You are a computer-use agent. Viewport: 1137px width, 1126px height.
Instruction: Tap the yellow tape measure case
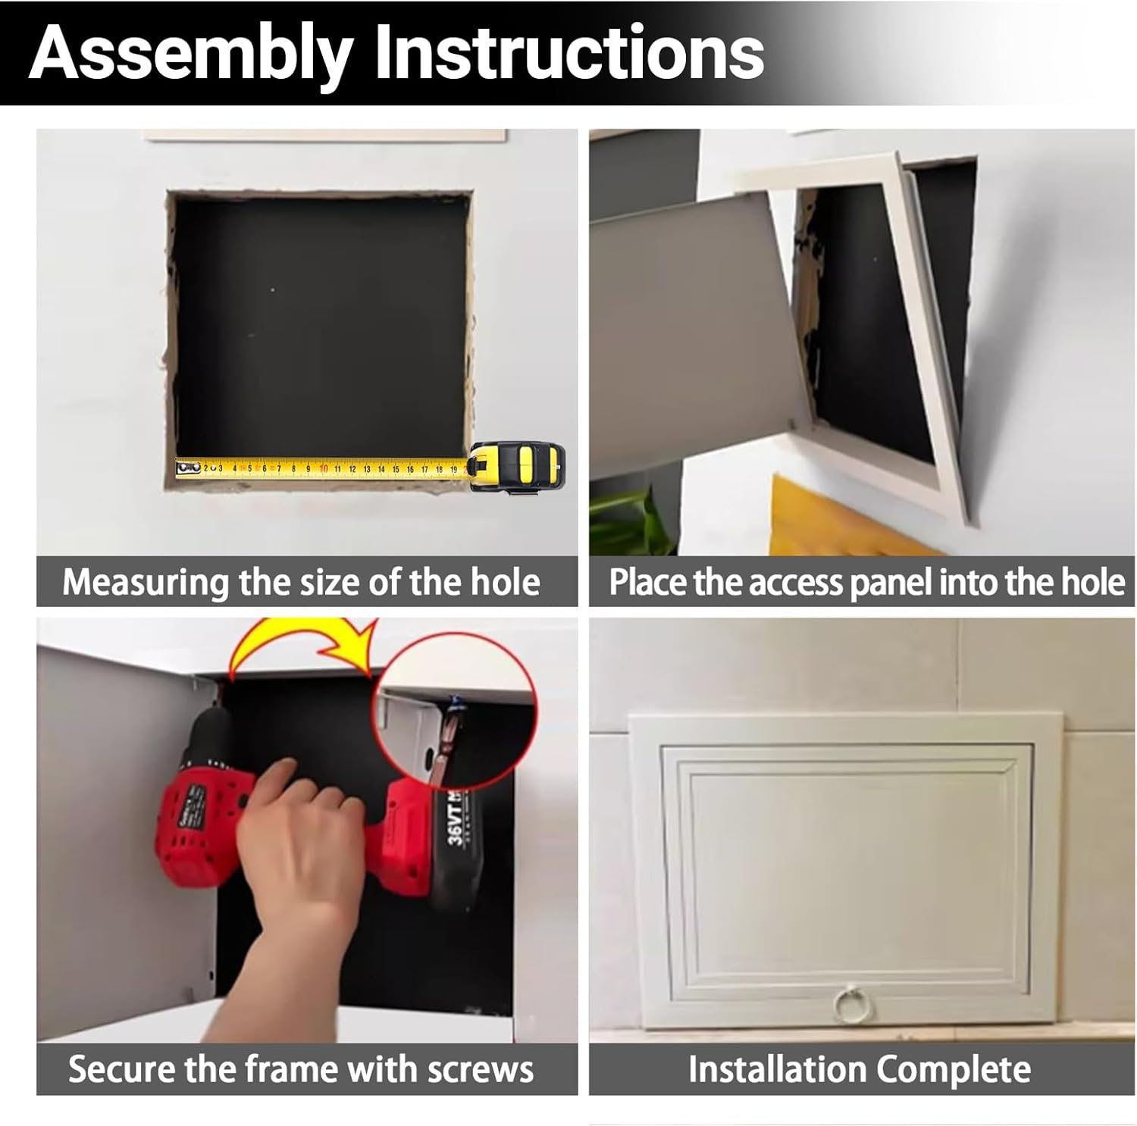tap(519, 467)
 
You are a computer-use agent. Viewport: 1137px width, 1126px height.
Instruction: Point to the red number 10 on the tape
tap(324, 469)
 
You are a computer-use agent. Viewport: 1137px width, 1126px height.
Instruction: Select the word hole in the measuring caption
tap(505, 582)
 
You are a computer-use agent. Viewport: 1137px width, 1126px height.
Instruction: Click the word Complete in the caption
tap(954, 1069)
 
